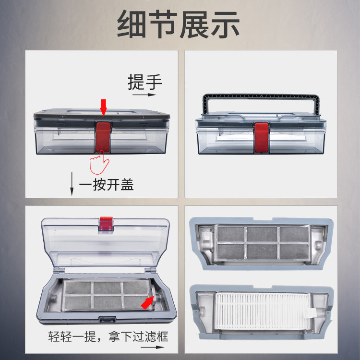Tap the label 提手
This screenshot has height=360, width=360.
click(x=144, y=82)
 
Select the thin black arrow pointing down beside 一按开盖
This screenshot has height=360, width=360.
click(x=72, y=183)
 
